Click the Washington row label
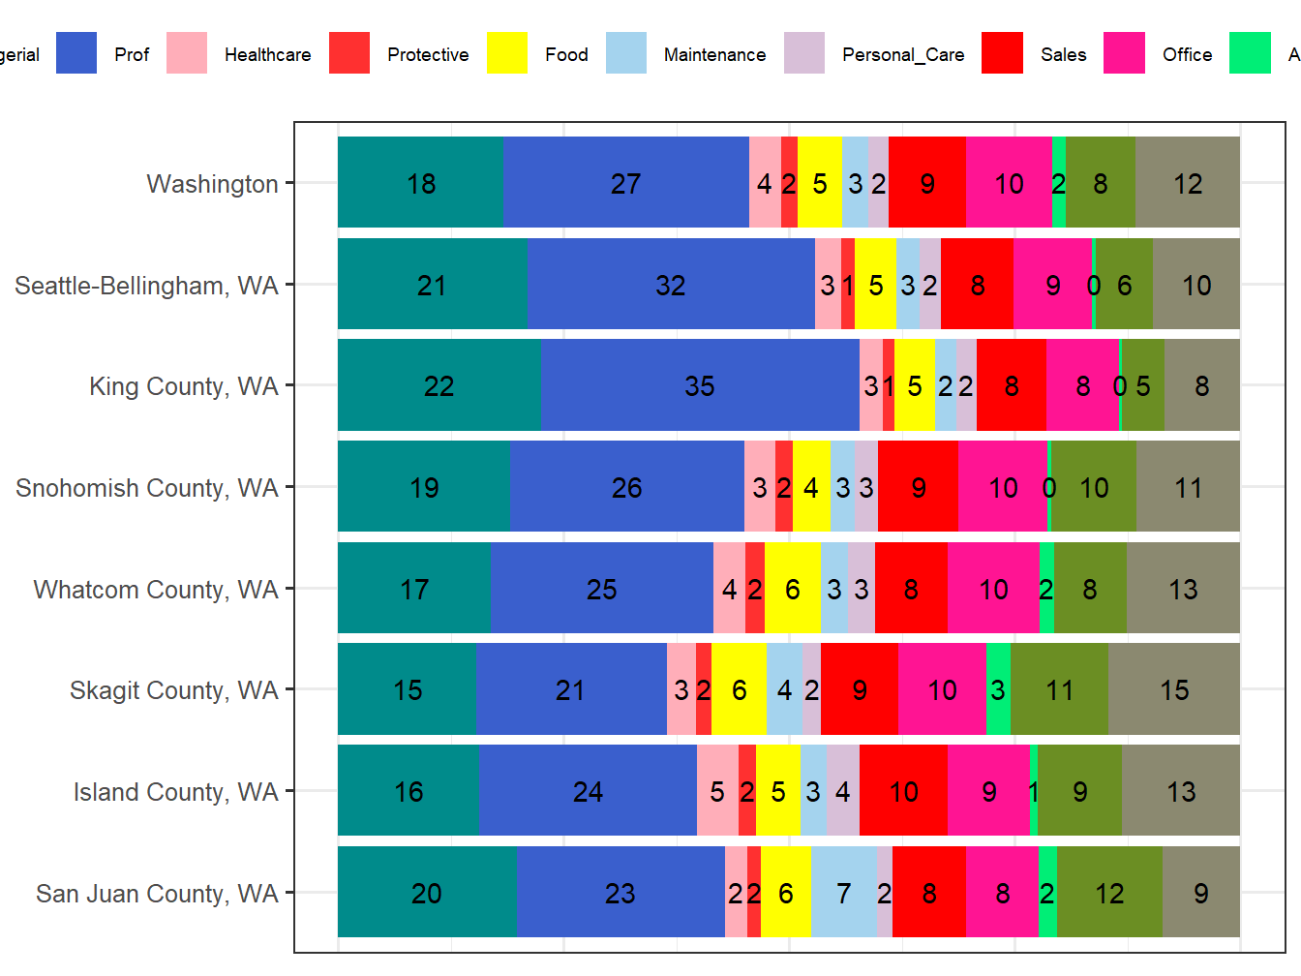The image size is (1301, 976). [212, 184]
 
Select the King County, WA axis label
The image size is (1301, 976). [184, 386]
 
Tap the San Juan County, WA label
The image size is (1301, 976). [157, 894]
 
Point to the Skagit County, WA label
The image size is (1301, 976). [174, 690]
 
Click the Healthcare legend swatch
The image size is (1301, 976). [187, 53]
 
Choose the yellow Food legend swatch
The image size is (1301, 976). [507, 53]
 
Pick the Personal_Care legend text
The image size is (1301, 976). [903, 55]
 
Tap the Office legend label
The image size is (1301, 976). [1187, 54]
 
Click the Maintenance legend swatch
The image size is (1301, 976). [626, 53]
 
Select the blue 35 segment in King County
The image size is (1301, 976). [700, 385]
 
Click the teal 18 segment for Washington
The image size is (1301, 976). [420, 183]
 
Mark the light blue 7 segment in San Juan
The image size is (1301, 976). [843, 893]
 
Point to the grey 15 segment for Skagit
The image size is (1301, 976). [1173, 689]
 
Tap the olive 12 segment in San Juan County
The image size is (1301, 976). [1109, 893]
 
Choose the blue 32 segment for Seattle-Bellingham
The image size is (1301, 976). [671, 285]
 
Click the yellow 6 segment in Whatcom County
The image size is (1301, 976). [792, 589]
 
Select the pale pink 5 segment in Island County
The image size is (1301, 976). [717, 791]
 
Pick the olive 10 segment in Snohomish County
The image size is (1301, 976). [1094, 487]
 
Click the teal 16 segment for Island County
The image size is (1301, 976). [408, 791]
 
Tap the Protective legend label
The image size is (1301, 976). [428, 54]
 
